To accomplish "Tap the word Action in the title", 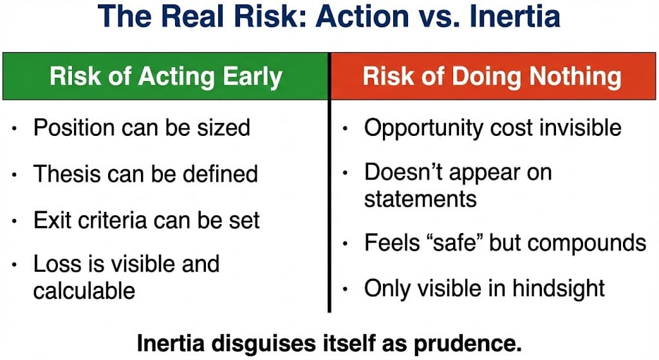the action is click(363, 16).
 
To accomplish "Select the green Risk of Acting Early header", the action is click(165, 76).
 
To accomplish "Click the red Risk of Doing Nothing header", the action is click(492, 76).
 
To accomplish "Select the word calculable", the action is click(84, 290).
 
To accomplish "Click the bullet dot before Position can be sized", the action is click(15, 128).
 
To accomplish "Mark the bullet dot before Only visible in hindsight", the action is click(345, 289).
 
